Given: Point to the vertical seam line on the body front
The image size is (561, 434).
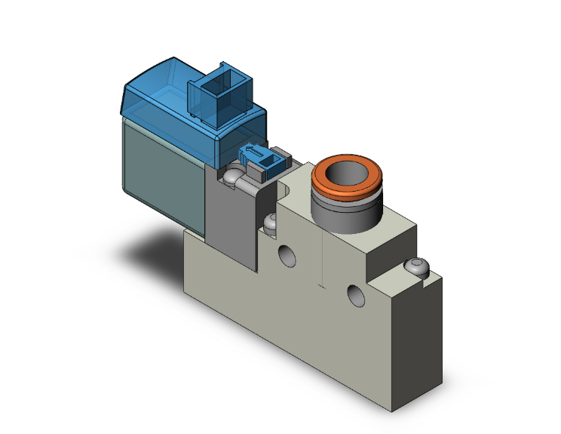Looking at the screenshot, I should (x=323, y=257).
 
